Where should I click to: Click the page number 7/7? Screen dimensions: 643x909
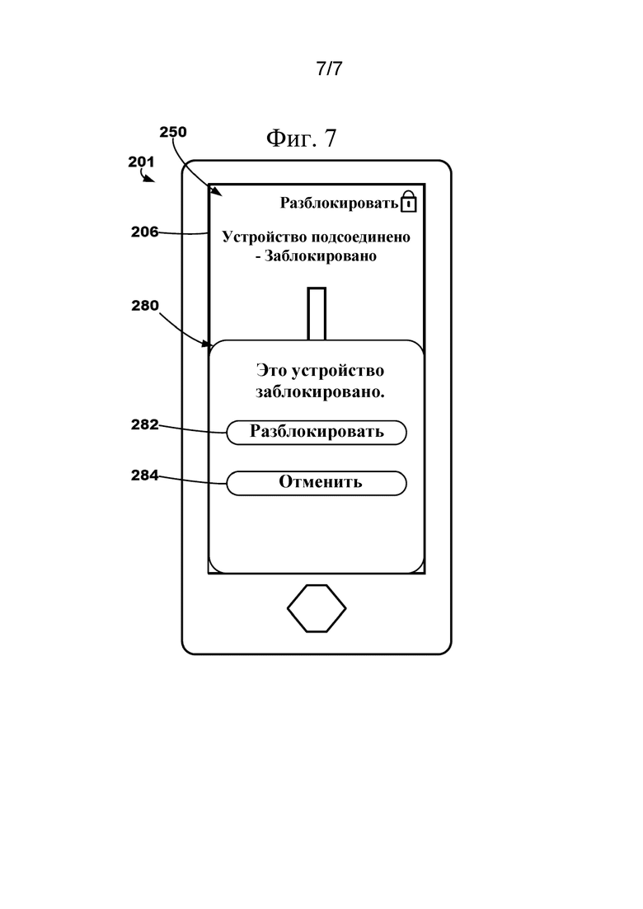coord(329,68)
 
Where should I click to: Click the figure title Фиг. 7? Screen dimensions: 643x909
coord(301,138)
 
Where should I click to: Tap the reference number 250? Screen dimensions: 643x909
coord(173,132)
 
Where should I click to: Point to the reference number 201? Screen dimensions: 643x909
coord(141,162)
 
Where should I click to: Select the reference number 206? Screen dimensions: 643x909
coord(144,232)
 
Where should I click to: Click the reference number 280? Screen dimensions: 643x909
coord(145,306)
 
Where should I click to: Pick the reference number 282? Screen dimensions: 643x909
coord(145,425)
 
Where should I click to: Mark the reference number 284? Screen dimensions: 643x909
coord(145,476)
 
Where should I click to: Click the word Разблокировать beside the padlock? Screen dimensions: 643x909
coord(339,203)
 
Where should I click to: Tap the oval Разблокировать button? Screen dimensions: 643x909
coord(317,433)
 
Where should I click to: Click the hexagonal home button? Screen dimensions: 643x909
coord(317,608)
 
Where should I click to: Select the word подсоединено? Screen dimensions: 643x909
coord(361,237)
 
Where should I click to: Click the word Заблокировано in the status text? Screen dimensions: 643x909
coord(321,256)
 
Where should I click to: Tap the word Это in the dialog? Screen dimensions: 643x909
coord(271,371)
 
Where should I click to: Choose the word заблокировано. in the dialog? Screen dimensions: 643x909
coord(320,392)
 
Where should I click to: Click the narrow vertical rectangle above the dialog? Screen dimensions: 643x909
coord(317,314)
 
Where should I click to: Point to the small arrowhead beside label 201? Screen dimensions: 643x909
coord(149,179)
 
